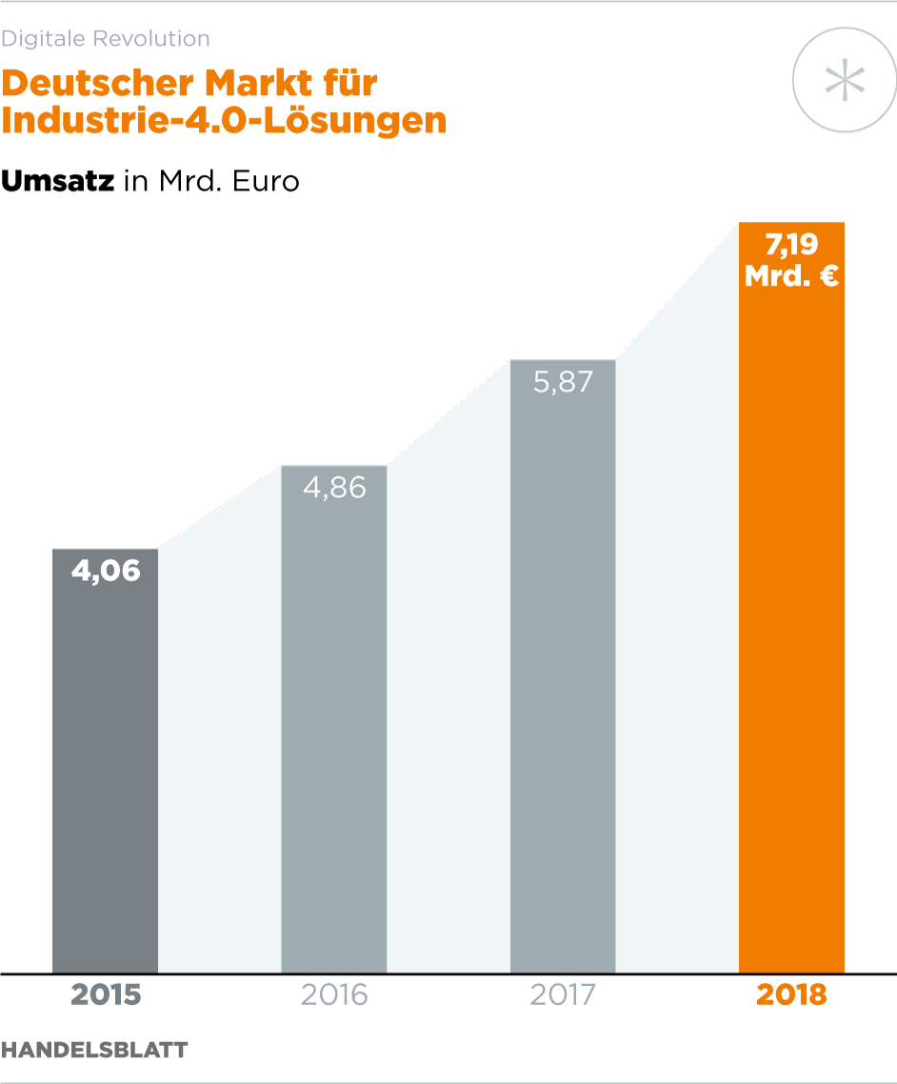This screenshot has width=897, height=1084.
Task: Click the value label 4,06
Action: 105,571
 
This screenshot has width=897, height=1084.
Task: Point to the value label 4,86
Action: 333,488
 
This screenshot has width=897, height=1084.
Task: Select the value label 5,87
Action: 563,382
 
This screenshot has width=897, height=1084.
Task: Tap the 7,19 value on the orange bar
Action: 791,245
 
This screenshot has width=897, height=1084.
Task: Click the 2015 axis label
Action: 105,995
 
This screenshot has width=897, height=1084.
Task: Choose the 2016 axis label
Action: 333,995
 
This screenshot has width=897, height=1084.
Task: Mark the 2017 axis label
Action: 563,995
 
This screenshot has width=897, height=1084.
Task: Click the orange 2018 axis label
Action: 791,995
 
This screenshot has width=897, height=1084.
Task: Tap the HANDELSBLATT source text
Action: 94,1050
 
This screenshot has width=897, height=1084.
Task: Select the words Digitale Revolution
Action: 105,39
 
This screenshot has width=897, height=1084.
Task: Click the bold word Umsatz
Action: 58,180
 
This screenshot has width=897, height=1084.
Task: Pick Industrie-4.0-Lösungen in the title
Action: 224,122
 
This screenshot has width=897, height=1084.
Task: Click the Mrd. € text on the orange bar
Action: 791,276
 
